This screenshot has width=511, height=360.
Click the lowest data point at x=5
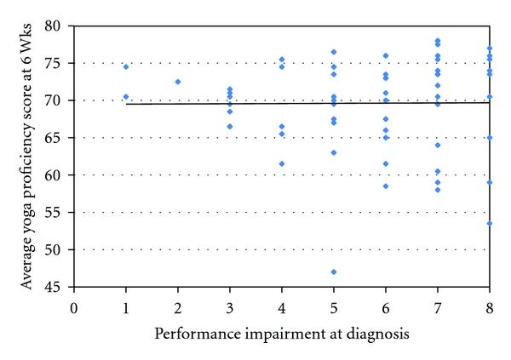click(x=334, y=272)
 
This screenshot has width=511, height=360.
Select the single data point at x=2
click(x=178, y=82)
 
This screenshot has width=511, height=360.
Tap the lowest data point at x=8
click(x=490, y=224)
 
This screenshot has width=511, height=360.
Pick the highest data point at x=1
click(x=126, y=66)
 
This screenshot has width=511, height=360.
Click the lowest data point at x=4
click(x=282, y=164)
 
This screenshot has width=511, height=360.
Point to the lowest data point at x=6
click(x=386, y=186)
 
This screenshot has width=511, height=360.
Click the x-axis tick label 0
click(x=74, y=306)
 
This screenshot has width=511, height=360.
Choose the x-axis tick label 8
click(x=490, y=306)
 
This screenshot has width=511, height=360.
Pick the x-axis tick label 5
click(x=334, y=306)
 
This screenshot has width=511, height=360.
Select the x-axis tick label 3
click(x=230, y=306)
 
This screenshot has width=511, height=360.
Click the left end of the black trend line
click(x=126, y=104)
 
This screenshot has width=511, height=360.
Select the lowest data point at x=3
click(x=230, y=126)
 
